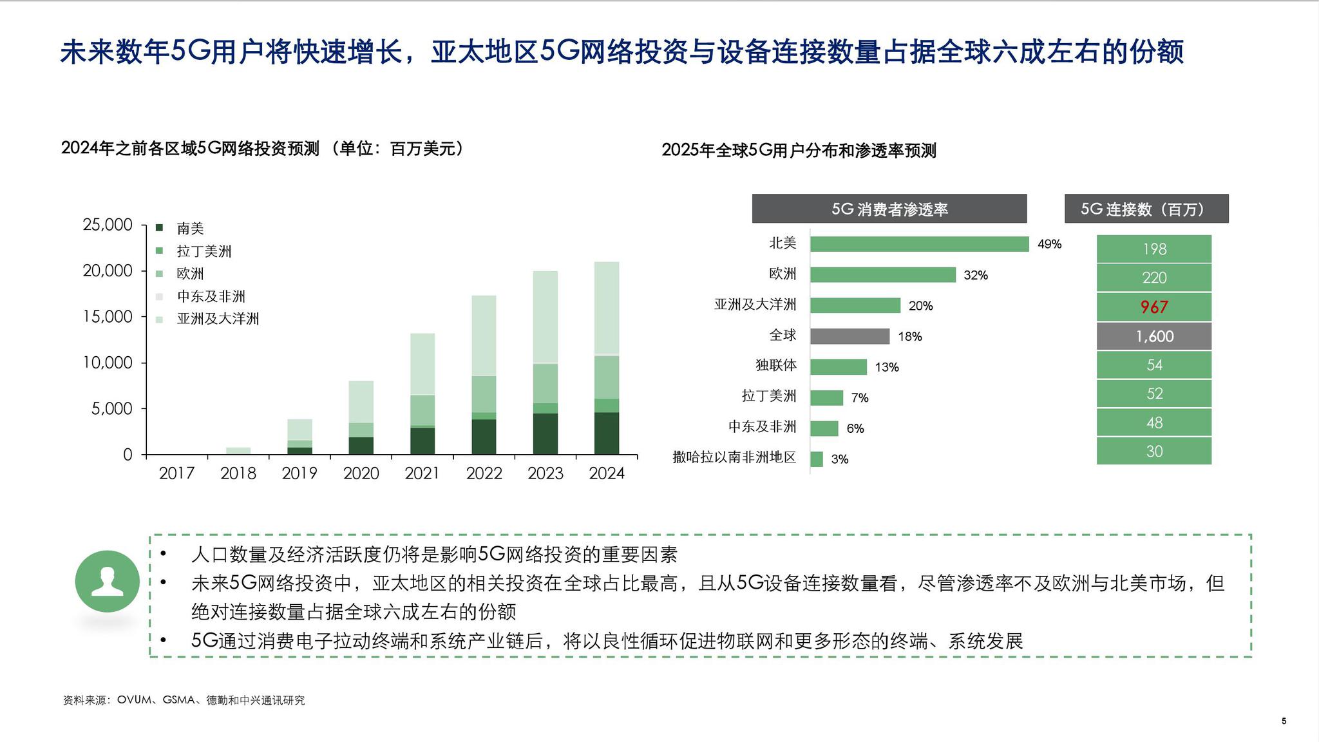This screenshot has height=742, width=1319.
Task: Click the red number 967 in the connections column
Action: (x=1153, y=307)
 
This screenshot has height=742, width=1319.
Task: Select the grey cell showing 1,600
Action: (x=1153, y=336)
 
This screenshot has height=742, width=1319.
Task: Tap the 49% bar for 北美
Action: (x=919, y=244)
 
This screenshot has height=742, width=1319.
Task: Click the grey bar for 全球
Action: (x=849, y=336)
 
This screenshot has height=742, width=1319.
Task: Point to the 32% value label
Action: (x=975, y=275)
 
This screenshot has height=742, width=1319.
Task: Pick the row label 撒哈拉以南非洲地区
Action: (x=734, y=457)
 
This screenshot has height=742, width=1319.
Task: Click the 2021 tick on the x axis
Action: (x=422, y=473)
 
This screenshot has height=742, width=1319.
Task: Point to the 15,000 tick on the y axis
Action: (x=108, y=316)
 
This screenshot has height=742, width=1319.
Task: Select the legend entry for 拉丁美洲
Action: (x=204, y=251)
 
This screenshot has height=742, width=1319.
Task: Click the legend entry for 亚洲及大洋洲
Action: (x=217, y=319)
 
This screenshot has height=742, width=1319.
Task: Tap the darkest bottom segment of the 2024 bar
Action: (x=606, y=433)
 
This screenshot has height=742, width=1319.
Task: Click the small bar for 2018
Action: (x=238, y=450)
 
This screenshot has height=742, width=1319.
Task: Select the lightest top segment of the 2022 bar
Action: (x=484, y=335)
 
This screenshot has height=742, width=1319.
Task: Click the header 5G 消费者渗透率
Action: (x=889, y=209)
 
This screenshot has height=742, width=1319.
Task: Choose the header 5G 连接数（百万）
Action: (x=1146, y=209)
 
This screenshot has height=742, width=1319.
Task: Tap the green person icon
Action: (x=108, y=581)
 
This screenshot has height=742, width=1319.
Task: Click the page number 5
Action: (x=1284, y=721)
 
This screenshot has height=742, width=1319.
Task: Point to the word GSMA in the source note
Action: (x=178, y=700)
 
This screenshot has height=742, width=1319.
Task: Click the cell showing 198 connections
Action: (x=1153, y=249)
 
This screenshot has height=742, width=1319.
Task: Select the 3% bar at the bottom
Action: (x=817, y=459)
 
